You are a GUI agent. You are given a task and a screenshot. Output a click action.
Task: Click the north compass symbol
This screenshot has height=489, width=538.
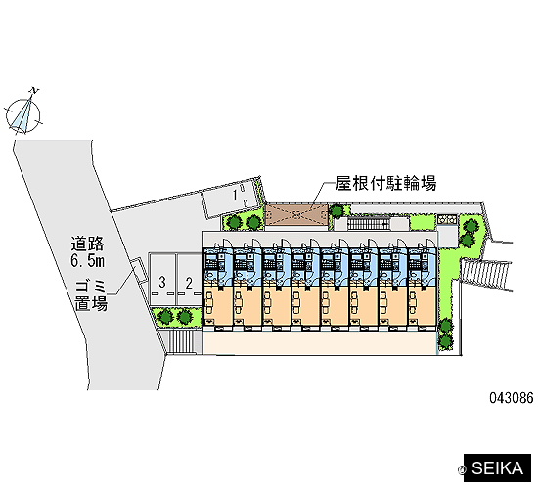tap(23, 114)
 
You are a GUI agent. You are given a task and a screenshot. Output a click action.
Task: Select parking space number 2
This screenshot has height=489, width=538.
tap(189, 279)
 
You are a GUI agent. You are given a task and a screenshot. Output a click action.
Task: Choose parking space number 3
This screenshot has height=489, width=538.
tap(162, 279)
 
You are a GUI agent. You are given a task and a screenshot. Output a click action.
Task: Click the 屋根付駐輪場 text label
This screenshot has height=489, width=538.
tap(385, 183)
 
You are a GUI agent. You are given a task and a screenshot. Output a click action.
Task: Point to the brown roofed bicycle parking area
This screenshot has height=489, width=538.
tap(297, 215)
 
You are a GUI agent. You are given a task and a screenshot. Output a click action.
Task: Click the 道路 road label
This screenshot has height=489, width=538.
tap(87, 244)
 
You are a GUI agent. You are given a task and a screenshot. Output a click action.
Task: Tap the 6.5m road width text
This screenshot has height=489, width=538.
tap(87, 261)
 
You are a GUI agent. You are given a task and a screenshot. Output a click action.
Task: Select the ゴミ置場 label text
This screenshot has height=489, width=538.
tap(91, 295)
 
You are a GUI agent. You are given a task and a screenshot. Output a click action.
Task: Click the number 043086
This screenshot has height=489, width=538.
tap(512, 398)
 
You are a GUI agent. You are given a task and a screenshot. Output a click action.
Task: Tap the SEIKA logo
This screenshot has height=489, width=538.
tap(497, 468)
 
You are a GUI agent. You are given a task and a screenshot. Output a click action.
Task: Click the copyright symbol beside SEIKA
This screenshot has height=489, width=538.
tap(462, 469)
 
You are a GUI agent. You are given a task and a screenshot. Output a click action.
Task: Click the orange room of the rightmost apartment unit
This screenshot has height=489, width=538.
tap(422, 305)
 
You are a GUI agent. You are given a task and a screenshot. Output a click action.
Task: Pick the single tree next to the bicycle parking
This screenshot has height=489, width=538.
tap(337, 211)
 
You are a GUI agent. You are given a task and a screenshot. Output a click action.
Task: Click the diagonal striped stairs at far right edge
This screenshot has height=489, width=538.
tap(484, 274)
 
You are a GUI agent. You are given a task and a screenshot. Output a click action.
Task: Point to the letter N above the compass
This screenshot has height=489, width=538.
tap(34, 91)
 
